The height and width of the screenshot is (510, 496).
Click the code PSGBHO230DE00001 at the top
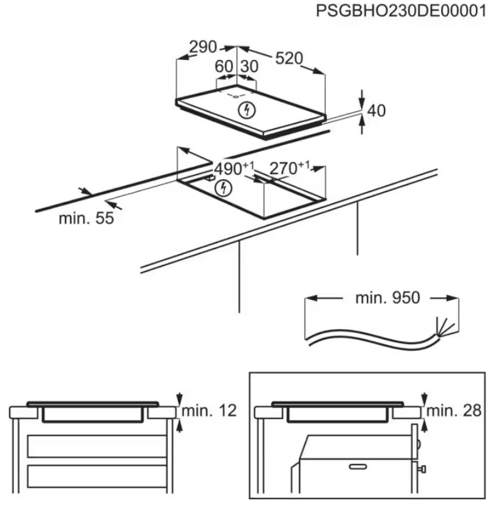click(x=401, y=11)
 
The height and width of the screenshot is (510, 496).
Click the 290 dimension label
click(x=203, y=47)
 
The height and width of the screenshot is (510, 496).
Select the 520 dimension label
click(x=289, y=58)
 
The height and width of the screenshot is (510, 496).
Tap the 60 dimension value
click(x=224, y=66)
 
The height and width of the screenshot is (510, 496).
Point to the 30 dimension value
click(x=249, y=66)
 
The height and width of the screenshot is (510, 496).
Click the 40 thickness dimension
click(x=376, y=110)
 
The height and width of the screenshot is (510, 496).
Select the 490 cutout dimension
click(x=234, y=168)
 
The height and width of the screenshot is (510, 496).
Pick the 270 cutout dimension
click(x=289, y=168)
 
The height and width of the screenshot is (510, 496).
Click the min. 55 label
click(x=86, y=218)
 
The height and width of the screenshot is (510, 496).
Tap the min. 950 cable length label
click(x=388, y=298)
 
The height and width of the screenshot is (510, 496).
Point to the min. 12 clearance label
click(x=209, y=411)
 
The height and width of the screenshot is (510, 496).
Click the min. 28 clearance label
click(x=454, y=411)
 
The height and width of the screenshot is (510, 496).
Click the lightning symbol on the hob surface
click(x=246, y=110)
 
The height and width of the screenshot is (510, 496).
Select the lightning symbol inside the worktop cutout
click(x=224, y=188)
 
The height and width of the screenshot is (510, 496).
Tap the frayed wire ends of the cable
click(x=445, y=327)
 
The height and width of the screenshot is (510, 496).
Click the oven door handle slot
click(x=358, y=467)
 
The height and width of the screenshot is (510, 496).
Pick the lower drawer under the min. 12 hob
click(x=97, y=476)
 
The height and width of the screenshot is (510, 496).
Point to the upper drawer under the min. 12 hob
click(x=97, y=446)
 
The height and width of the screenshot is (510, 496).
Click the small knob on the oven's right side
click(x=422, y=469)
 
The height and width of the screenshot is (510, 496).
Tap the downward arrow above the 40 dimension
click(x=362, y=98)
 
